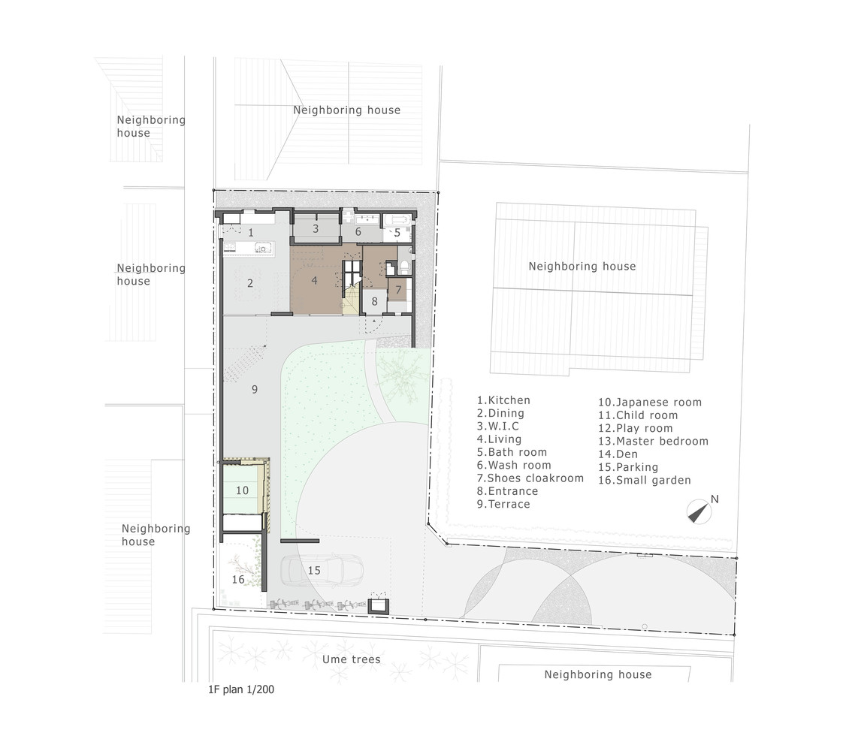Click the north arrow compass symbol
click(699, 511)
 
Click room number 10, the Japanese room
click(242, 490)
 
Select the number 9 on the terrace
click(255, 389)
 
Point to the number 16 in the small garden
click(238, 580)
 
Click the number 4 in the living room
click(314, 280)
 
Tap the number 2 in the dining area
click(249, 283)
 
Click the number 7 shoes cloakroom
click(399, 290)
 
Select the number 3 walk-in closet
click(316, 228)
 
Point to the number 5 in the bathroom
click(397, 234)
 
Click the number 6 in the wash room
click(358, 232)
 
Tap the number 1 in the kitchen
click(251, 233)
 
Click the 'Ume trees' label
click(351, 659)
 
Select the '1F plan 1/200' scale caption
click(241, 689)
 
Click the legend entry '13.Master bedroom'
click(653, 441)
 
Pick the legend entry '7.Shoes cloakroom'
click(530, 478)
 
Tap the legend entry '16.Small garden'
click(644, 481)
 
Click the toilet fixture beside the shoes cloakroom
click(405, 267)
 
